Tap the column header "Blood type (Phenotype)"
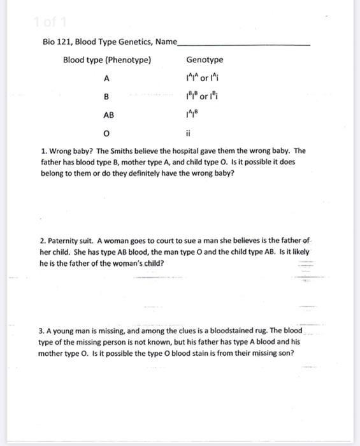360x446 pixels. (x=107, y=61)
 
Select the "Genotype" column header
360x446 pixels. (x=205, y=61)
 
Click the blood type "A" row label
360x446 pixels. (x=107, y=79)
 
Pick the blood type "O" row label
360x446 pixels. (x=107, y=135)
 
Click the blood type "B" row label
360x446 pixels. (x=107, y=97)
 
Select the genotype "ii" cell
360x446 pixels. (x=189, y=135)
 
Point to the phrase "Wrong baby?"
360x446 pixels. (x=68, y=152)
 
